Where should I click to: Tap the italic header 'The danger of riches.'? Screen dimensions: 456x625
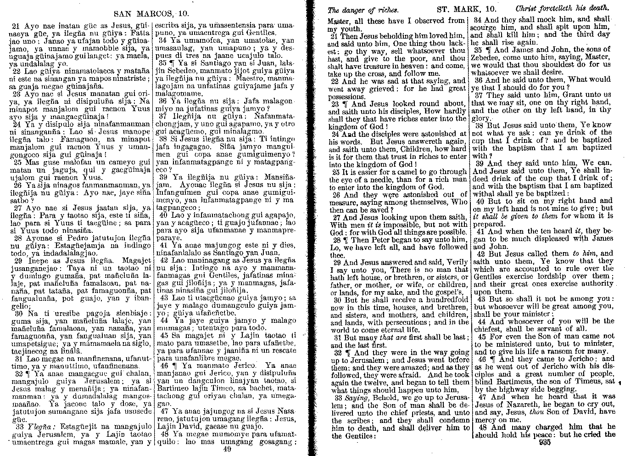[363, 9]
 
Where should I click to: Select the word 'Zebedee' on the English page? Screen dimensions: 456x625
[485, 57]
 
